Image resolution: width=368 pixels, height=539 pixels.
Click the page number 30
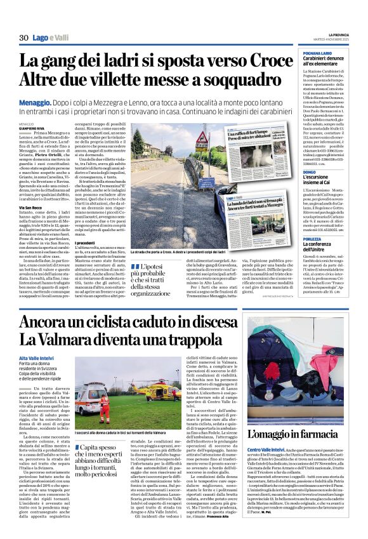pos(23,38)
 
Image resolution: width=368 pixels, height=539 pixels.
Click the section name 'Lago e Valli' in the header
pos(51,38)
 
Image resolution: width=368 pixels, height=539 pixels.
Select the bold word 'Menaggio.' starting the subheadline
pos(37,101)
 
